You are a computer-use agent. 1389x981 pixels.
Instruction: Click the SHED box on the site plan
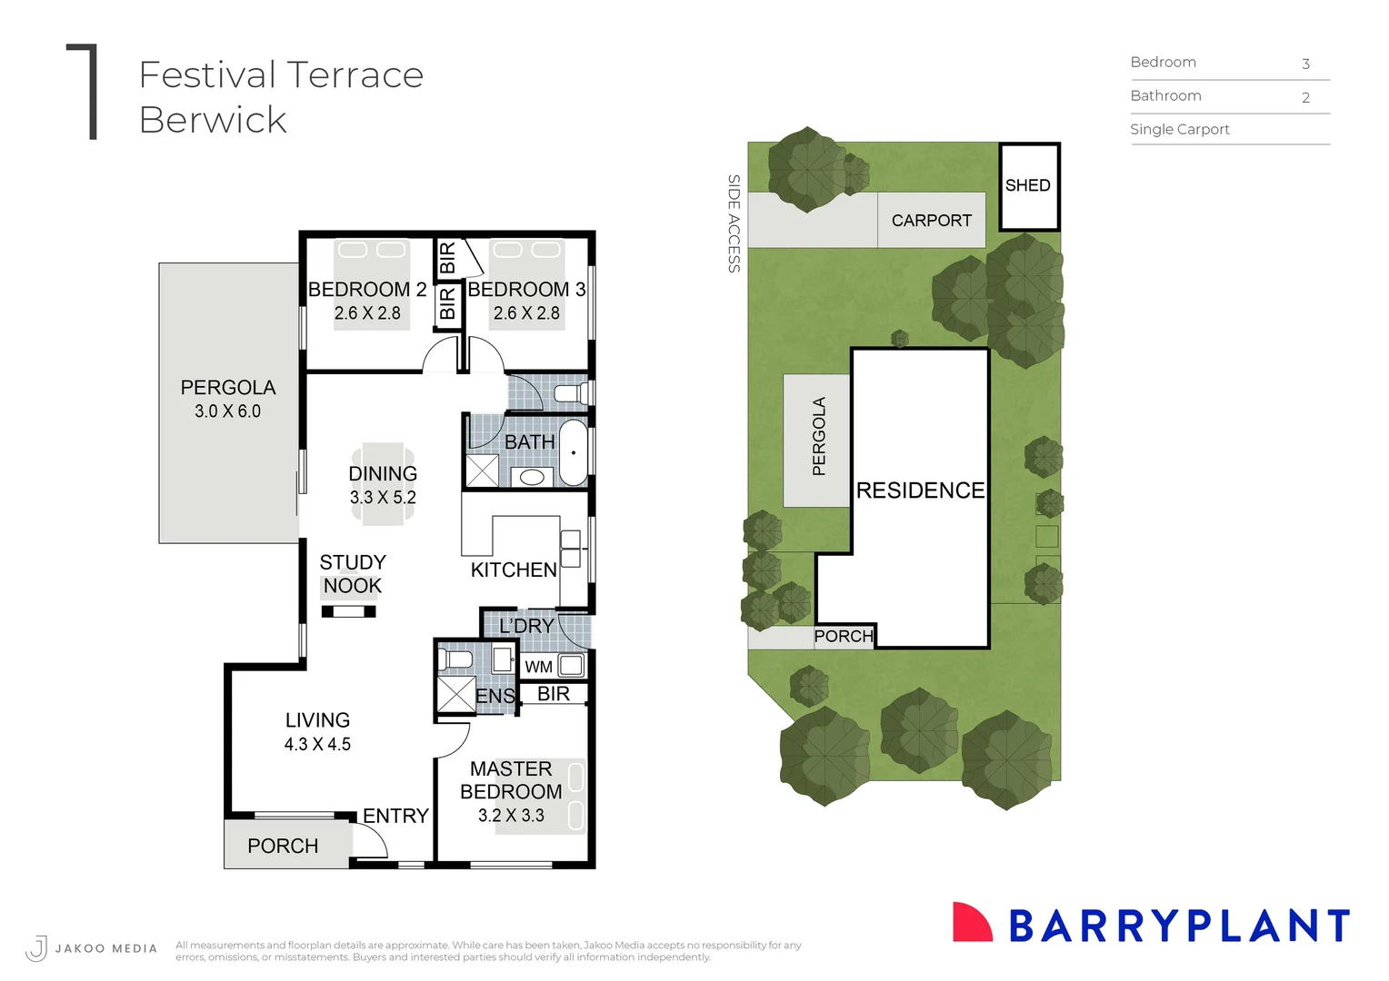coord(1029,186)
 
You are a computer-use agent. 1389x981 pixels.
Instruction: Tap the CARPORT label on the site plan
coord(931,221)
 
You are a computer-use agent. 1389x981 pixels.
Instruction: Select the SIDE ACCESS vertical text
coord(734,223)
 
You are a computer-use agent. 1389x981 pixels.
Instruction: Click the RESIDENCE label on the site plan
coord(920,490)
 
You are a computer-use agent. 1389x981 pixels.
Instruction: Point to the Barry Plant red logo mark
coord(971,923)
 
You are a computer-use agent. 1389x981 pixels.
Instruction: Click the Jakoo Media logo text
coord(105,948)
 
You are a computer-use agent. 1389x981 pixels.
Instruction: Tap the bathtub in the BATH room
coord(574,451)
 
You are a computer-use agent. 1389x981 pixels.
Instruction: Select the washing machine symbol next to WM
coord(571,666)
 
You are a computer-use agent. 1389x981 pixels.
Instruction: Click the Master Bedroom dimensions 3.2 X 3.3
coord(511,816)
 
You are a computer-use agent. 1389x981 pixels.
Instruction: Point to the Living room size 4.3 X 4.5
coord(317,744)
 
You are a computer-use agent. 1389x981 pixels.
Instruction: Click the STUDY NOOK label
coord(353,574)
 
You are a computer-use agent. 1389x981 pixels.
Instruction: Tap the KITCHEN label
coord(514,570)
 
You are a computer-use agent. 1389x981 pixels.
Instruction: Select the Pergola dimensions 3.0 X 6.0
coord(227,411)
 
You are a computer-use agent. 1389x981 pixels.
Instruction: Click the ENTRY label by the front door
coord(395,816)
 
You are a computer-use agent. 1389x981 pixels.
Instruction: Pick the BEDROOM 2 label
coord(367,290)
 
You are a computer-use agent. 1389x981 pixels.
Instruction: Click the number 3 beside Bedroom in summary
coord(1305,64)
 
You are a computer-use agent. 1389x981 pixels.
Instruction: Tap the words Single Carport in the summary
coord(1179,130)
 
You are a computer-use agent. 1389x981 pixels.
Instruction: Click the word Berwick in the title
coord(213,121)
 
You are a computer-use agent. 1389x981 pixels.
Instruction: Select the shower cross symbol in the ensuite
coord(456,694)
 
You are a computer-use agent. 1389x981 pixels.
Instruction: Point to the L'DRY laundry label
coord(526,626)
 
